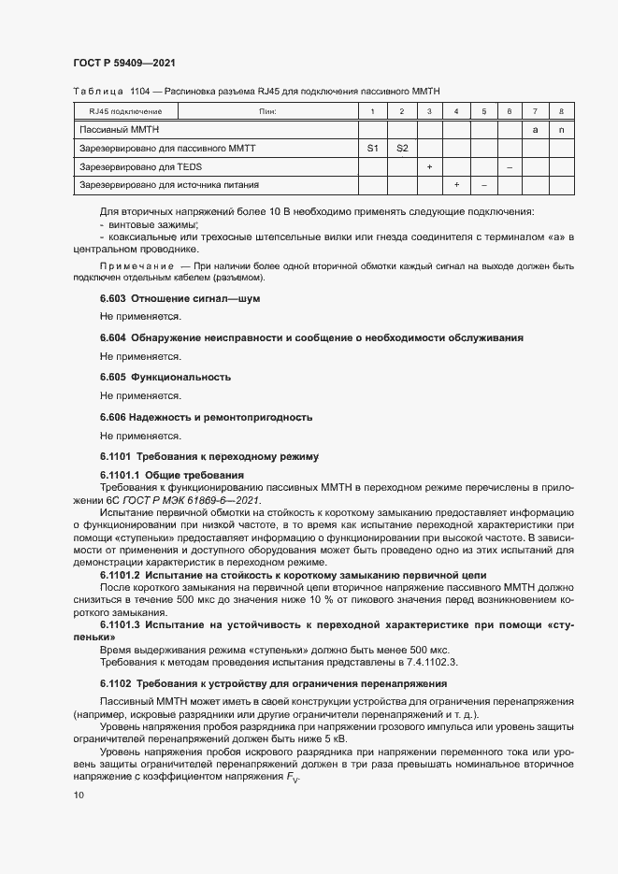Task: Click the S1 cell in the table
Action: tap(372, 148)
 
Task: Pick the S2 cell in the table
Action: tap(402, 148)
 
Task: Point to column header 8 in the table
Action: tap(561, 112)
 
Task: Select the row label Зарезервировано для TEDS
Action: tap(141, 166)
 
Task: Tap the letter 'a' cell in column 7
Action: tap(535, 130)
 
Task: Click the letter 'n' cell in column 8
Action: tap(561, 130)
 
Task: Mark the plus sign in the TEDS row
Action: tap(429, 166)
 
